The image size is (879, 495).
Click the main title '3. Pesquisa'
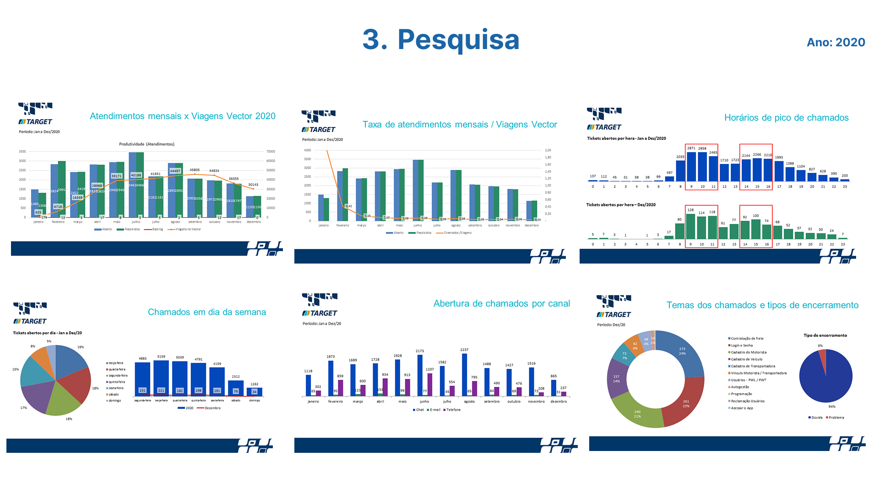click(x=441, y=39)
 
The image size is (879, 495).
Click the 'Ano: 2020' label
click(x=836, y=42)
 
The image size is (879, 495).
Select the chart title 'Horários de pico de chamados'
click(x=786, y=118)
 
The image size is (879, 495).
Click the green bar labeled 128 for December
click(x=690, y=226)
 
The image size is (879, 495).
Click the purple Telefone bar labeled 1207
click(x=430, y=385)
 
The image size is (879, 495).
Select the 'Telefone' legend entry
click(x=453, y=410)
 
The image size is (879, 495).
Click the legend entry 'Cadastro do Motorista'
click(x=749, y=352)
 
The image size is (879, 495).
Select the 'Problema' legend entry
click(x=836, y=418)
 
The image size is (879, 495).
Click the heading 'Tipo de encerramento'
click(x=825, y=335)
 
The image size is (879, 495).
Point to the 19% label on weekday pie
click(x=81, y=347)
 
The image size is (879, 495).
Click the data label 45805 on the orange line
click(x=195, y=170)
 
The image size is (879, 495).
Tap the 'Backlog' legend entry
click(x=157, y=229)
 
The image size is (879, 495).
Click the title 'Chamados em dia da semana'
click(x=206, y=312)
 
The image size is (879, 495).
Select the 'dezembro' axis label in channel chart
click(x=559, y=401)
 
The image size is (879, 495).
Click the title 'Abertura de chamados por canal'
click(x=501, y=303)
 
